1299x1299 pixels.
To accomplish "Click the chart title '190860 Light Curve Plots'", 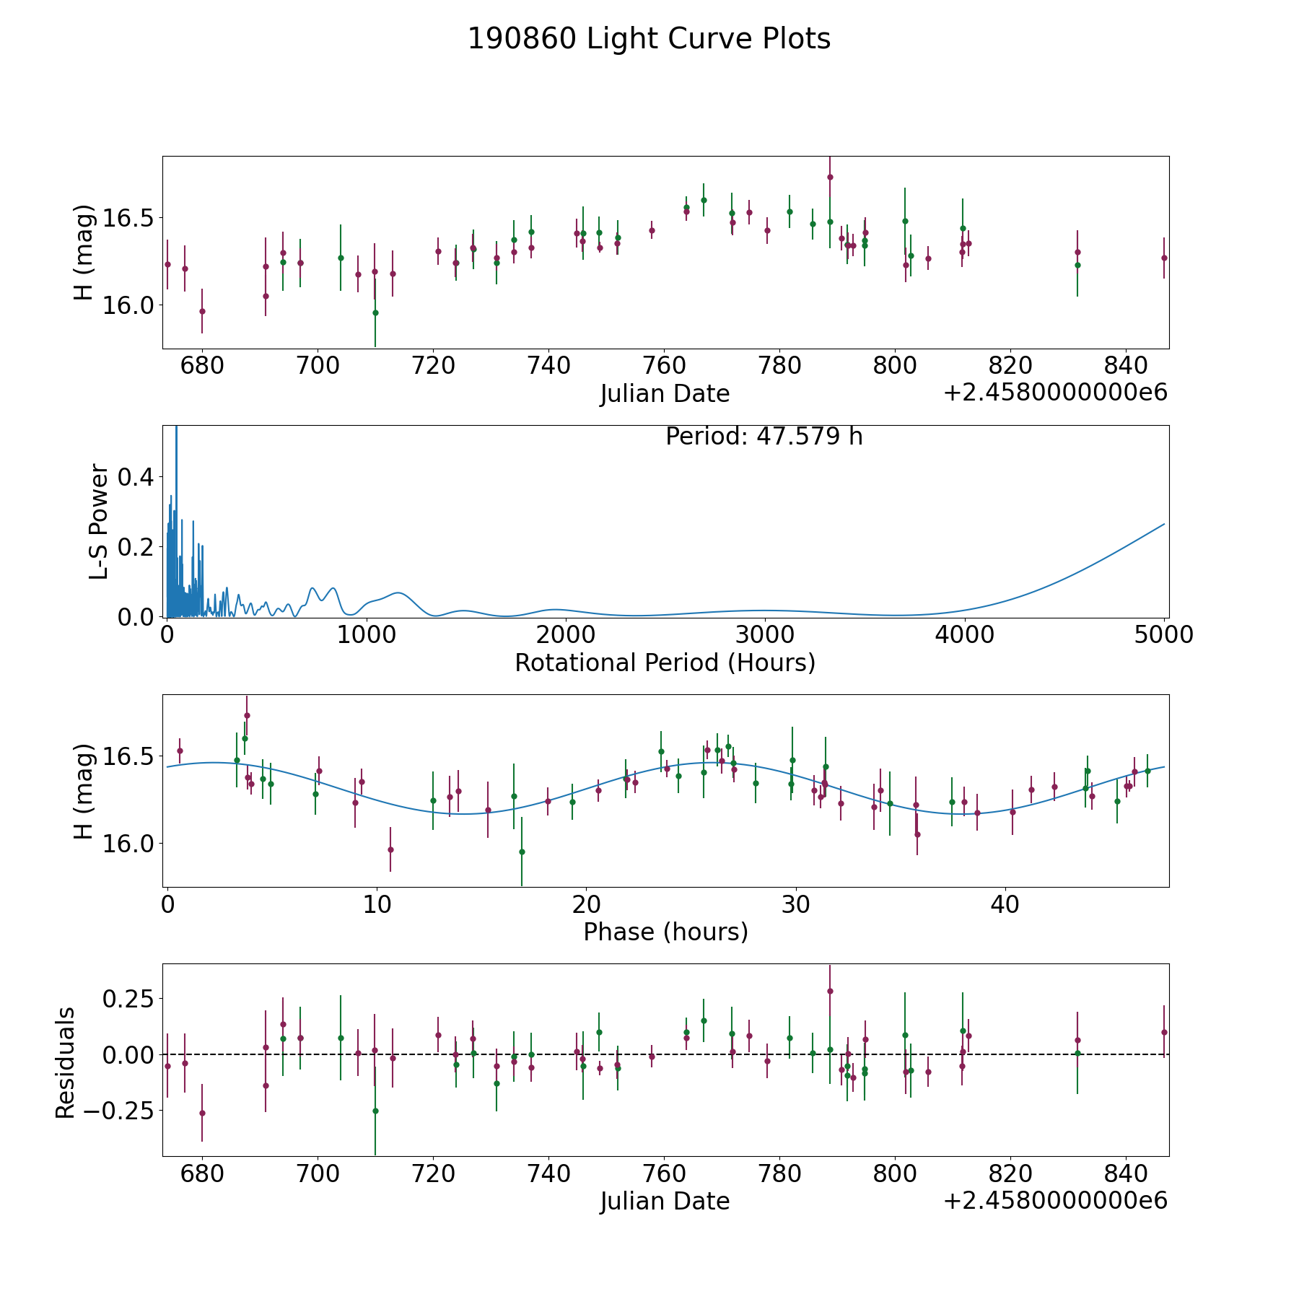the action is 649,39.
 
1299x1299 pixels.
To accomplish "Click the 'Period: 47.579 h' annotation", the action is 764,437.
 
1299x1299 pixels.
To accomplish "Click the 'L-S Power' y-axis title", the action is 99,522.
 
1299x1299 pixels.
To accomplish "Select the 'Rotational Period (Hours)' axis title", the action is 665,662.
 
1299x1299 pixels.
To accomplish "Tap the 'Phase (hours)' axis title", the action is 665,932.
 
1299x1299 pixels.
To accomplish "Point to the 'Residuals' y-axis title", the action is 65,1063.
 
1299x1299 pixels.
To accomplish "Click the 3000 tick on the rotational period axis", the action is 765,635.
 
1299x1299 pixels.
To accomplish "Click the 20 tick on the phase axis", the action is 586,904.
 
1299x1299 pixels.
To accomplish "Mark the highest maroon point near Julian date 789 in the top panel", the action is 830,177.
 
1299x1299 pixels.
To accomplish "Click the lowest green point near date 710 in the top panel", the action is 375,312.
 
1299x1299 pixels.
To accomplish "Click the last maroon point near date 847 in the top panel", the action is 1164,258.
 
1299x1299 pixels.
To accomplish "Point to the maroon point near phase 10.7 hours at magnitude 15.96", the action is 390,849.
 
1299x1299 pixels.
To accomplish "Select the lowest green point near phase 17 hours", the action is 522,852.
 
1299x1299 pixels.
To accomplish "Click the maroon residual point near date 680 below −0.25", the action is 202,1113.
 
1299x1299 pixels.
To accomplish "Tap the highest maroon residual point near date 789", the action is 830,991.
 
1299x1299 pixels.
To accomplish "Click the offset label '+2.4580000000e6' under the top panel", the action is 1055,393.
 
